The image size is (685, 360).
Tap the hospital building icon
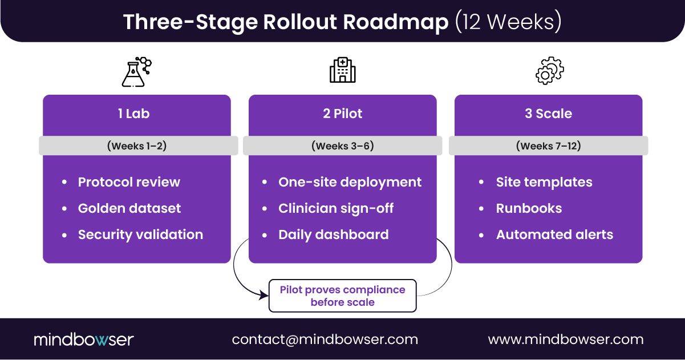click(342, 71)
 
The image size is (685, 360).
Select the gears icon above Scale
click(549, 71)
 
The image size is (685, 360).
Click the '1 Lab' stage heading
click(133, 114)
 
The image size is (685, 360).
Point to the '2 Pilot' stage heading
click(342, 114)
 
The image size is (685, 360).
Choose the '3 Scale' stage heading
click(548, 114)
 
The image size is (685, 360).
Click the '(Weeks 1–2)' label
click(137, 146)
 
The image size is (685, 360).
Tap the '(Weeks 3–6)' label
click(342, 146)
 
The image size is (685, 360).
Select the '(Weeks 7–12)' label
click(548, 146)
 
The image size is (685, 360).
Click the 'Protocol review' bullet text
click(129, 182)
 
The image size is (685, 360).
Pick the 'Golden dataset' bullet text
click(129, 208)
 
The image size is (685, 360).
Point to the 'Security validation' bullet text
click(140, 234)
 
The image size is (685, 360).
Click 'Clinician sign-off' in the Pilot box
click(336, 208)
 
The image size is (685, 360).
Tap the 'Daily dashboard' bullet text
click(334, 234)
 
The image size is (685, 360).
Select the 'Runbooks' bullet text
click(529, 208)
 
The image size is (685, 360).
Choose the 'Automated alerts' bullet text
click(554, 234)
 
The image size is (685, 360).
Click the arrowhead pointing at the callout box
click(264, 296)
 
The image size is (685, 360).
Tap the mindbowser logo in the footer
click(84, 339)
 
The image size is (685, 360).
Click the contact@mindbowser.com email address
click(325, 339)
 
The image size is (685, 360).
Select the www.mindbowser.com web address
click(566, 339)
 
